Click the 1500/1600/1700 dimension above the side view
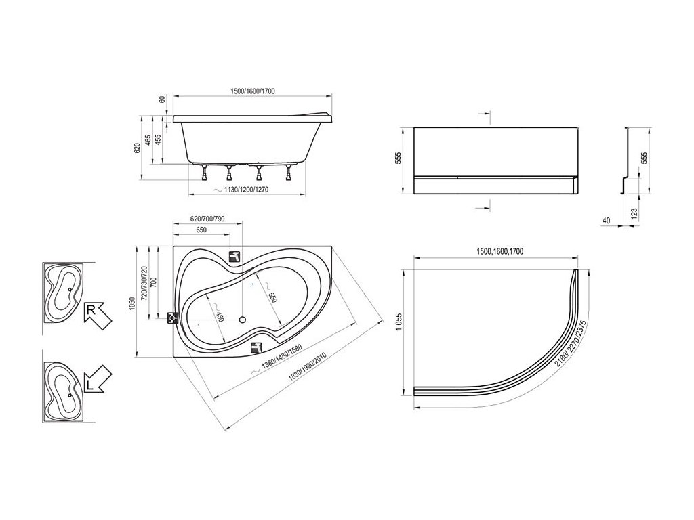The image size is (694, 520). pyautogui.click(x=253, y=91)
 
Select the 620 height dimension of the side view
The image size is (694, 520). pyautogui.click(x=137, y=149)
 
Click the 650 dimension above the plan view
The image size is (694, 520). pyautogui.click(x=201, y=230)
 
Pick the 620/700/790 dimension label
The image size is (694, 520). pyautogui.click(x=207, y=219)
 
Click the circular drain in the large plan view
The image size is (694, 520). pyautogui.click(x=242, y=319)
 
